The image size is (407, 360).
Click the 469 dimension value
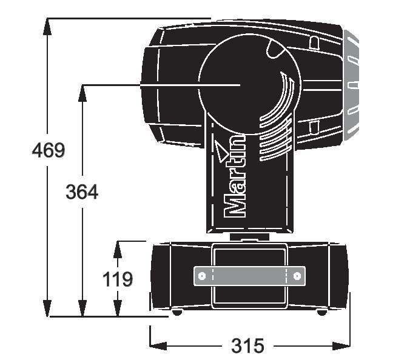49,150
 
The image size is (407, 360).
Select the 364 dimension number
82,192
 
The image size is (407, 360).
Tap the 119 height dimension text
118,279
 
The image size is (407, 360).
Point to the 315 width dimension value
247,345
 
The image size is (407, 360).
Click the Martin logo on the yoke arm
235,176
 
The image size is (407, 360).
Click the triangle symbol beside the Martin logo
221,151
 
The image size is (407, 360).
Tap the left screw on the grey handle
202,276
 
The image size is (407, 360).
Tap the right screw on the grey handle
297,276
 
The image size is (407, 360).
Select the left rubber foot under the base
177,312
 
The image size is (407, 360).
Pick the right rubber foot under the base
322,312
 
